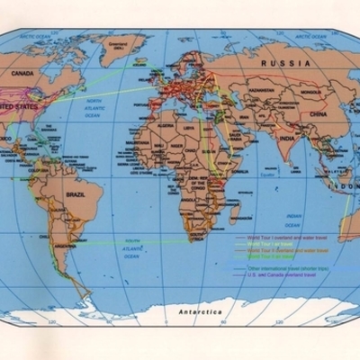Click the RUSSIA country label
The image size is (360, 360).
point(285,64)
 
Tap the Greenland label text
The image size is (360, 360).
point(112,40)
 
